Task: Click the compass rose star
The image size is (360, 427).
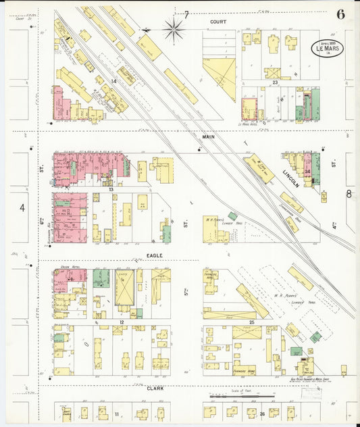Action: [174, 28]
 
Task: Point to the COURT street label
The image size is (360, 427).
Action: [217, 22]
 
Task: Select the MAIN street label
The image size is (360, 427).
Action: [208, 136]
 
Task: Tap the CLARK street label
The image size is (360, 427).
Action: [155, 388]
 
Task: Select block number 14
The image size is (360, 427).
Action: [114, 81]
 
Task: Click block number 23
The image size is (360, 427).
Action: [275, 82]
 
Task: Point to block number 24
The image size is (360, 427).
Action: [308, 172]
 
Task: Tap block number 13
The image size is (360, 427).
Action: [109, 189]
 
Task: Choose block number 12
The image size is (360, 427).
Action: [122, 323]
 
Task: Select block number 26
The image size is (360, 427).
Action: [262, 413]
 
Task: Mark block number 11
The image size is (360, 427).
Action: [116, 413]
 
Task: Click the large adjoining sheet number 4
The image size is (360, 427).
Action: [22, 207]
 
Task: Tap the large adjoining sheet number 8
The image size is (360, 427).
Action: [349, 194]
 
